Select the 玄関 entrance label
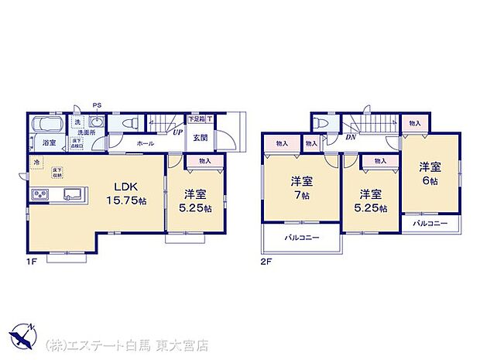pos(199,137)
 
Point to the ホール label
pos(145,144)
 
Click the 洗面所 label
pos(85,132)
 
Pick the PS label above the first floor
pos(97,106)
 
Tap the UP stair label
pos(177,132)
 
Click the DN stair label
pos(350,138)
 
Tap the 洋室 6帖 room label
pos(430,172)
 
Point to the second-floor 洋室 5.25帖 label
pos(369,200)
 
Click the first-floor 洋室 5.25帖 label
pos(194,200)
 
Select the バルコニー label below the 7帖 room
pos(301,238)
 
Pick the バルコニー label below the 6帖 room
pos(430,223)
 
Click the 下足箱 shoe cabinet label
pos(197,119)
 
